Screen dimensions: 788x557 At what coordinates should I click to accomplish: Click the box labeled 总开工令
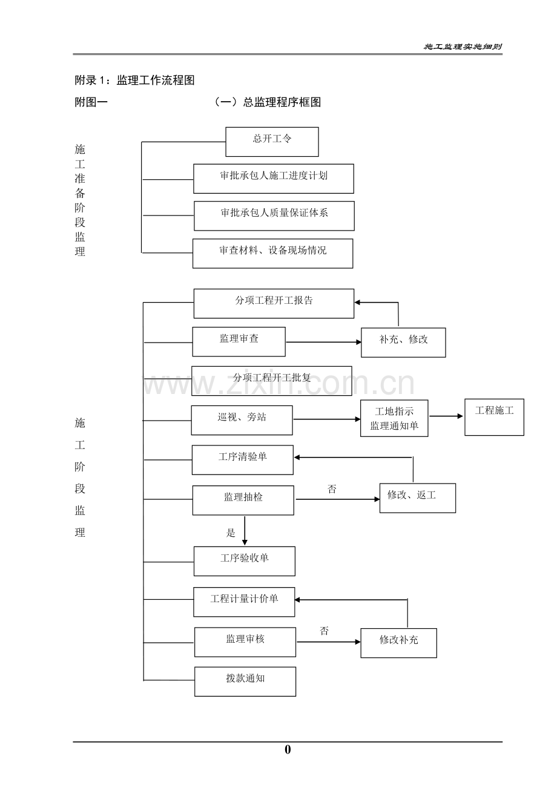(x=272, y=142)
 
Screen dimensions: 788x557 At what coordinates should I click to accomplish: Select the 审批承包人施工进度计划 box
(x=274, y=179)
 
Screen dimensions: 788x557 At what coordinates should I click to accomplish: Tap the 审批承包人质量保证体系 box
(x=274, y=216)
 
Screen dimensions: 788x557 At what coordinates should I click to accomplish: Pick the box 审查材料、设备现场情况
(x=272, y=253)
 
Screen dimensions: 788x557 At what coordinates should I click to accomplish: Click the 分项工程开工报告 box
(x=274, y=303)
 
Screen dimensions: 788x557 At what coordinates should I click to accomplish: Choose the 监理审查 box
(x=239, y=341)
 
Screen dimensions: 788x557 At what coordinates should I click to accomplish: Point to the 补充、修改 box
(x=403, y=343)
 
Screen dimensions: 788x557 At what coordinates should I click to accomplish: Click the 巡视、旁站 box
(x=242, y=420)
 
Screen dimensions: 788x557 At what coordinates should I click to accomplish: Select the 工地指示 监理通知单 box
(x=394, y=418)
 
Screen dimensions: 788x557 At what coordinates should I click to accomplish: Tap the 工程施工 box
(x=494, y=417)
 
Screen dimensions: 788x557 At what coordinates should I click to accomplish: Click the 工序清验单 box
(x=242, y=460)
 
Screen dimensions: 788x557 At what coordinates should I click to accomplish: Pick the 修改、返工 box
(x=417, y=498)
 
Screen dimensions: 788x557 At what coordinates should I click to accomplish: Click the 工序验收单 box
(x=244, y=561)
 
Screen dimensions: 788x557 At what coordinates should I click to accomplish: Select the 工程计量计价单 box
(x=244, y=602)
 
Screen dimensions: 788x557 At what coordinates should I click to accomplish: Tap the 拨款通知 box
(x=245, y=681)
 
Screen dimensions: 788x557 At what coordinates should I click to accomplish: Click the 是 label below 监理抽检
(x=231, y=533)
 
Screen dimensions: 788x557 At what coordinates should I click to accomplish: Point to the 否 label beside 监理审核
(x=325, y=631)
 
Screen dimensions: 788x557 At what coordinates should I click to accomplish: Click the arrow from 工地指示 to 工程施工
(x=446, y=416)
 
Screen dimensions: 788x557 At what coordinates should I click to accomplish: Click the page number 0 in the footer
(x=288, y=750)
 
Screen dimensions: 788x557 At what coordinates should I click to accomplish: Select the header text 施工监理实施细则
(x=463, y=47)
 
